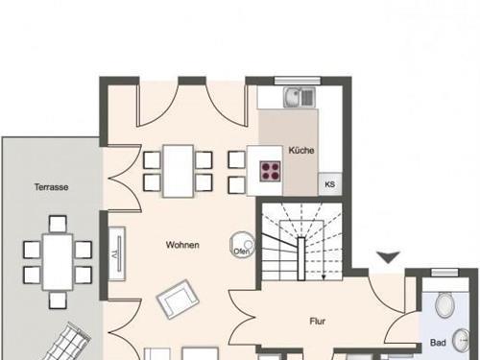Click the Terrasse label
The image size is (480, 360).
pos(51,187)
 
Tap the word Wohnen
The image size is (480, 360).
pos(182,245)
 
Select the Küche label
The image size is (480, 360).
pos(301,150)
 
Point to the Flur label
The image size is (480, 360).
pos(318,321)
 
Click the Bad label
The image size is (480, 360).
pos(438,343)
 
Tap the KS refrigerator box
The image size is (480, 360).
pos(330,184)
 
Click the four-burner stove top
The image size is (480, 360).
pos(270,171)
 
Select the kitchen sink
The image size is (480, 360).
pos(300,97)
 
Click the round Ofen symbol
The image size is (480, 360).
pos(242,245)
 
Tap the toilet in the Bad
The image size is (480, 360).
pos(445,305)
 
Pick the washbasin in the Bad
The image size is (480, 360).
pos(461,340)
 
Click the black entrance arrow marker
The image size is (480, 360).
pos(388,257)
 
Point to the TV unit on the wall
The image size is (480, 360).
pos(116,253)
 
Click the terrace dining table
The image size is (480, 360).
pos(58,262)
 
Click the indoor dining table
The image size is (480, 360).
pos(178,171)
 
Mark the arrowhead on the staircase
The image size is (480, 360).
pos(324,277)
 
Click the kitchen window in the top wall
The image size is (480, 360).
pos(298,81)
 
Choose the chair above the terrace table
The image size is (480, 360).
pos(58,224)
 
